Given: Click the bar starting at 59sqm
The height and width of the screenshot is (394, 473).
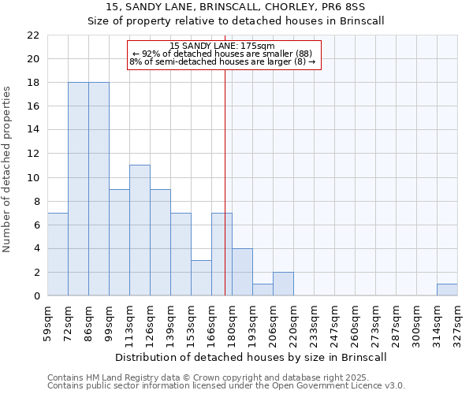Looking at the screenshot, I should (x=58, y=255).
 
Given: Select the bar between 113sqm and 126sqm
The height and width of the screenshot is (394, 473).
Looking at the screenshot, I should (x=140, y=230).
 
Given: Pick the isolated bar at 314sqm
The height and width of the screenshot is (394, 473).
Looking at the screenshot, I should (x=447, y=289).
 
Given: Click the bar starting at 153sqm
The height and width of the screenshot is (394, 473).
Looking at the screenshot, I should (x=201, y=277).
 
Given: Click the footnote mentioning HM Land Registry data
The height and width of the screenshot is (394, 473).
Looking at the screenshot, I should (x=225, y=377).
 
